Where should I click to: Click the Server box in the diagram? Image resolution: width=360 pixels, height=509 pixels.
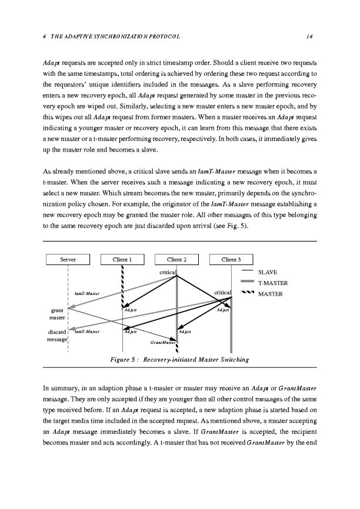click(68, 259)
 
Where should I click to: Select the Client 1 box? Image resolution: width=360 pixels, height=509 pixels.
click(122, 259)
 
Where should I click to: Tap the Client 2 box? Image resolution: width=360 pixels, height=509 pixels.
click(177, 259)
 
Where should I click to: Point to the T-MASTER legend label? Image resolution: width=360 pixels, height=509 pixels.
click(274, 283)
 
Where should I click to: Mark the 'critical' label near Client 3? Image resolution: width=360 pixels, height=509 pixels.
click(224, 292)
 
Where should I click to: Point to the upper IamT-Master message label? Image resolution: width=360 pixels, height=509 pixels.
click(86, 293)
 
